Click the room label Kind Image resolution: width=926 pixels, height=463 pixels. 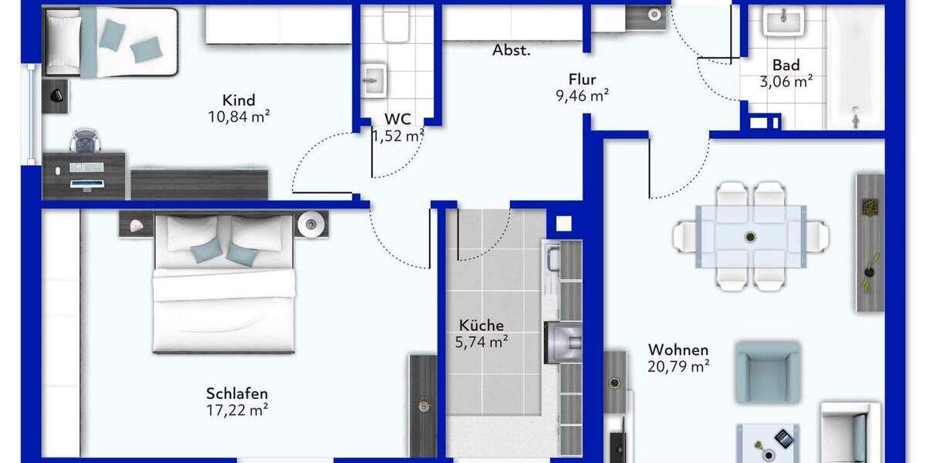coord(238,100)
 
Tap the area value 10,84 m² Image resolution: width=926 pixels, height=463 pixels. coord(238,117)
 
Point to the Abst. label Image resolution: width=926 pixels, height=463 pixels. coord(512,51)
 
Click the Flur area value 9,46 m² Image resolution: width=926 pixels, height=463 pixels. coord(583,96)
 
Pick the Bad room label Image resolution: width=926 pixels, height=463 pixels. coord(786,66)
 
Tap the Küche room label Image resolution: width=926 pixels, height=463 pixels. coord(481,326)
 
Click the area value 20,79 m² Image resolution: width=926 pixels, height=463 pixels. coord(678,367)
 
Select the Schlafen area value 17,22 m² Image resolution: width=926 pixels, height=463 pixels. coord(237,410)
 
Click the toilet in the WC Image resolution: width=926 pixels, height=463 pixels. coord(397,23)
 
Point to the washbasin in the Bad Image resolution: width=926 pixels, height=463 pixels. coord(783,21)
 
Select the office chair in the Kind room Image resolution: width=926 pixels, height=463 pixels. coord(84,142)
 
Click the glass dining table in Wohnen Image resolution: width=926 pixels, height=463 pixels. coord(750,236)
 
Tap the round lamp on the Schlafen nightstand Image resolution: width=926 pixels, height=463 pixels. coord(313,223)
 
